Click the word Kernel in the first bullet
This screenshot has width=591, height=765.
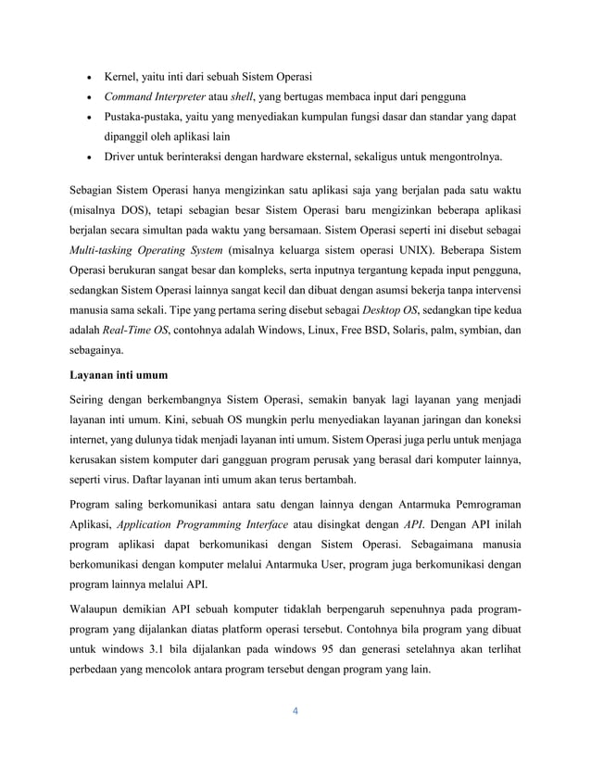(x=122, y=74)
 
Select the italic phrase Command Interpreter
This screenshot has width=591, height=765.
(x=153, y=96)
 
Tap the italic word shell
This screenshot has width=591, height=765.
(x=244, y=96)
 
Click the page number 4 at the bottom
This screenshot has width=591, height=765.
(x=295, y=712)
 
